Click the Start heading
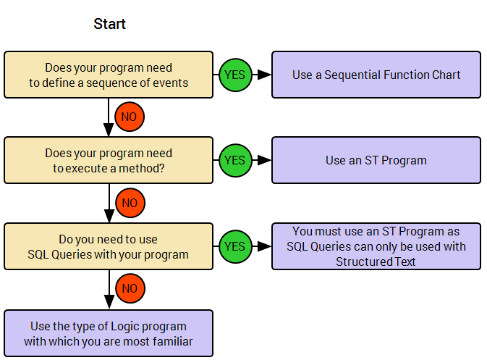pos(110,24)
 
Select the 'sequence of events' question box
pos(109,75)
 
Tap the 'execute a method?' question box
pos(109,160)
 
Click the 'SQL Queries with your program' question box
pos(109,246)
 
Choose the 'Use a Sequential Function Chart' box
pos(376,75)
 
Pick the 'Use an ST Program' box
pos(376,160)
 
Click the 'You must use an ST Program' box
pos(376,246)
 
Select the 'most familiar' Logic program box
pos(109,333)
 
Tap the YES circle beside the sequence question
pos(235,75)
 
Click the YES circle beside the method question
pos(235,160)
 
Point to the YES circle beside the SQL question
pos(235,246)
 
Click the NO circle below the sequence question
pos(130,117)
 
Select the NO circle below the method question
pos(130,203)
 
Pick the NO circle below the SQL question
pos(130,288)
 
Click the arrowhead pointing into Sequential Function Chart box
pos(265,75)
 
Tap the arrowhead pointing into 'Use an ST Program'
pos(265,160)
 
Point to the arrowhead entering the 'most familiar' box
pos(109,302)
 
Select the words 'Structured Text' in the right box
pos(376,261)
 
